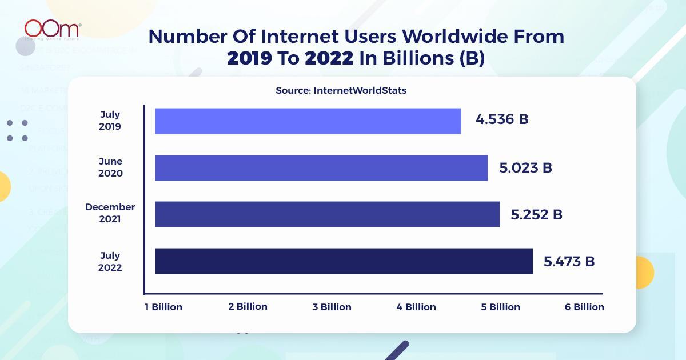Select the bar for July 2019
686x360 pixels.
tap(308, 121)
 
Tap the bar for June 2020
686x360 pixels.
tap(321, 167)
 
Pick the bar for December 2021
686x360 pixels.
tap(327, 214)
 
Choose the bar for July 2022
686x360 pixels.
tap(344, 261)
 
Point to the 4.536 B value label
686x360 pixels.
tap(502, 120)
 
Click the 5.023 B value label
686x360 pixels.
tap(525, 168)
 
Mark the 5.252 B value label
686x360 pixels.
tap(536, 215)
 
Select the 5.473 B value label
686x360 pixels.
tap(569, 262)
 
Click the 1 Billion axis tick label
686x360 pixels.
tap(163, 307)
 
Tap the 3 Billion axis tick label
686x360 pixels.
tap(332, 307)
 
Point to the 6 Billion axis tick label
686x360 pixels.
tap(584, 307)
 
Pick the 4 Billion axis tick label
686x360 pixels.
tap(416, 307)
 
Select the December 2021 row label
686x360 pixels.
tap(110, 213)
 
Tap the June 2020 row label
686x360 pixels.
tap(110, 167)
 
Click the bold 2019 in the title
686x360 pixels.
tap(249, 59)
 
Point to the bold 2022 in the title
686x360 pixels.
tap(329, 59)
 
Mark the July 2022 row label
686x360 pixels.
tap(110, 261)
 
